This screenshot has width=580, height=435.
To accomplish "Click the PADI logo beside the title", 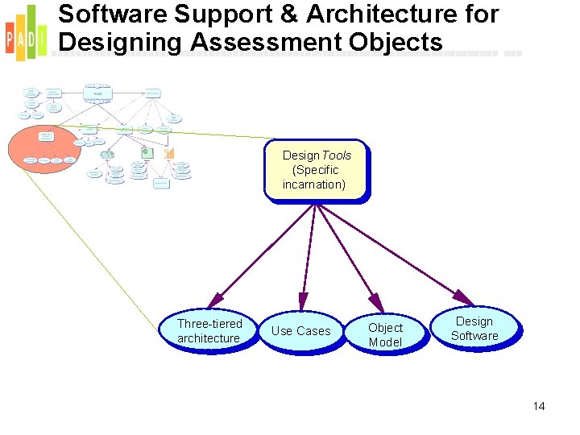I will pos(25,32).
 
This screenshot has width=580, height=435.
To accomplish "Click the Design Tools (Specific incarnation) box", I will pos(317,170).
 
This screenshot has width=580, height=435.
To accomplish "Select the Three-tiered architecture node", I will pos(211,331).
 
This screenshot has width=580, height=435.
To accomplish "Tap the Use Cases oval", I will pos(300,331).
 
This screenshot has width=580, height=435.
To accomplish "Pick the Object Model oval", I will pos(385,334).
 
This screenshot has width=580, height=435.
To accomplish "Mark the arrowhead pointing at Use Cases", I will pos(302,304).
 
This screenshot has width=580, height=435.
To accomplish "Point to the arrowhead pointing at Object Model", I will pos(375,300).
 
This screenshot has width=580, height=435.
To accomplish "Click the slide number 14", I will pos(539,406).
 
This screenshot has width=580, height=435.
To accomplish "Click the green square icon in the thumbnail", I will pos(146,152).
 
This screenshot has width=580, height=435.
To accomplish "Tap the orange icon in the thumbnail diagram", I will pos(168,153).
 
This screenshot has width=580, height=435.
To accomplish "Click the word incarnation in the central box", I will pos(314,184).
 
